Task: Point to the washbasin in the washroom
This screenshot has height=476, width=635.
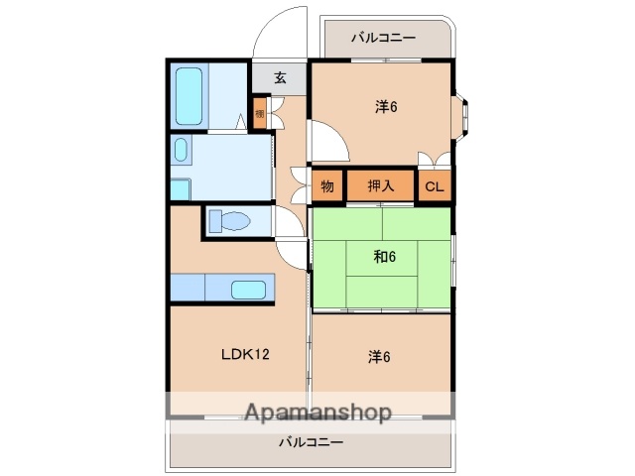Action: pos(181,151)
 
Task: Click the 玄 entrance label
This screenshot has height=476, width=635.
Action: pos(280,78)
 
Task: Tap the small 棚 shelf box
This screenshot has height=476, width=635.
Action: pos(259,113)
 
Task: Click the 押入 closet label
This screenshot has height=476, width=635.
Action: pos(381,185)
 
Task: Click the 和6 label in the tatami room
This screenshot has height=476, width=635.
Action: pos(384,257)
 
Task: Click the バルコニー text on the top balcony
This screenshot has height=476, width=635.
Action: pos(384,39)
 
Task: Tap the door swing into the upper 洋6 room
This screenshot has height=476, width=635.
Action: pos(328,144)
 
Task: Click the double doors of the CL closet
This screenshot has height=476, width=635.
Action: pos(434,161)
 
